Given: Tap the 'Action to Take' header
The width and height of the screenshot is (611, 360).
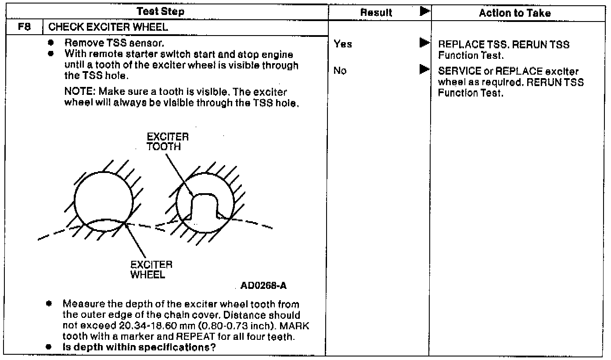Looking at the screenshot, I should (514, 13).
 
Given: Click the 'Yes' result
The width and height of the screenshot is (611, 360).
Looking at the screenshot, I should (342, 44).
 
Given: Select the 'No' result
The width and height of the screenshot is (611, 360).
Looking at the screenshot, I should (340, 71).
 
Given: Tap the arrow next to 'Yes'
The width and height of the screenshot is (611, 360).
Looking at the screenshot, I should (424, 43).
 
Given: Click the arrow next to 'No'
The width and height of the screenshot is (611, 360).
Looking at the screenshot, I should (424, 69).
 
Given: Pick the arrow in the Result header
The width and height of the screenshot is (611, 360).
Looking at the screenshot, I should (424, 12).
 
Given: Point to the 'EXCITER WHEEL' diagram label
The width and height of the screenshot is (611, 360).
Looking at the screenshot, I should (151, 270).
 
